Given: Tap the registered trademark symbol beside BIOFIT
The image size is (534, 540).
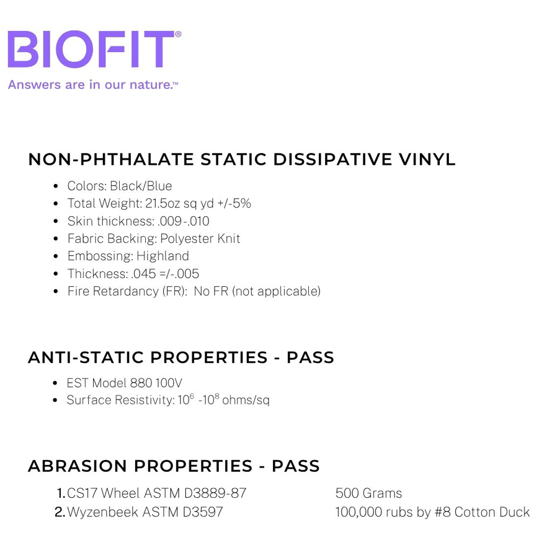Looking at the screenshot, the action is click(178, 33).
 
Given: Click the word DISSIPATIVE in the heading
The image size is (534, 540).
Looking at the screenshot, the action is click(332, 159).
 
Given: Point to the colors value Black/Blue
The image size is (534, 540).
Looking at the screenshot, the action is click(141, 186).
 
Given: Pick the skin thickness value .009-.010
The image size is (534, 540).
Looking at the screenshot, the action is click(183, 221).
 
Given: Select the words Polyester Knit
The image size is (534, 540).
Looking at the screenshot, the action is click(200, 238).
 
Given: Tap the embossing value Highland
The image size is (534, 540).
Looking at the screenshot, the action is click(162, 256).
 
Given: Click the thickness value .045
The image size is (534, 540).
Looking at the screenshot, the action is click(143, 274).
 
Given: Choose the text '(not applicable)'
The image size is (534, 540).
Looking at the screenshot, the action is click(277, 291).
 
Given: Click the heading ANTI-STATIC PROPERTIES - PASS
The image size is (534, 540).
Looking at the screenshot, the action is click(181, 357).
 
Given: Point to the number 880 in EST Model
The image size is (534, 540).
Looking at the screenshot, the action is click(141, 383).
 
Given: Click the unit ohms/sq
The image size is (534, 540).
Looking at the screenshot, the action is click(246, 400).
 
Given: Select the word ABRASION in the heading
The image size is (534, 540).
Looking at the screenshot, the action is click(78, 466).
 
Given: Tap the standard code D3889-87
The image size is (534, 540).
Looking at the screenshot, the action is click(215, 493).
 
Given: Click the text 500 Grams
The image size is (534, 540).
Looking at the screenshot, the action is click(369, 493).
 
